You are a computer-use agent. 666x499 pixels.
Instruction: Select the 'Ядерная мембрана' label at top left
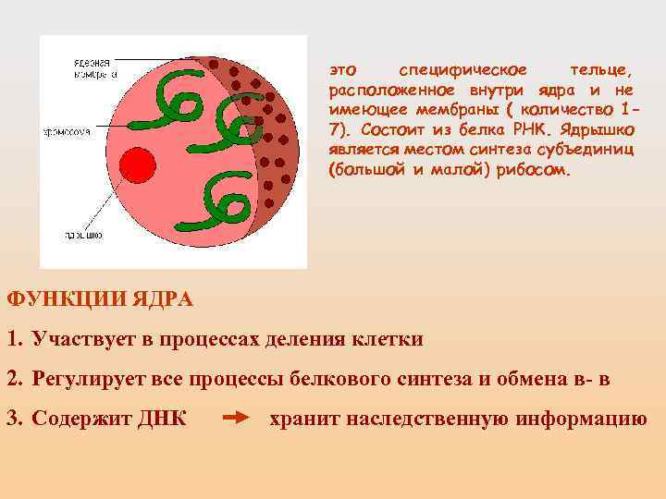(92, 68)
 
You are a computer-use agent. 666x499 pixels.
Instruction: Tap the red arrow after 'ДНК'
(238, 418)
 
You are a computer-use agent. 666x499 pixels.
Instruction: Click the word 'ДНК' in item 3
(159, 418)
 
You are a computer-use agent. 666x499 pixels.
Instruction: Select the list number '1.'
(14, 338)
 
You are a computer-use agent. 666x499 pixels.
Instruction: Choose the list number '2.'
(14, 378)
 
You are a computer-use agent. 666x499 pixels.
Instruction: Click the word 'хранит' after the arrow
(302, 418)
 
